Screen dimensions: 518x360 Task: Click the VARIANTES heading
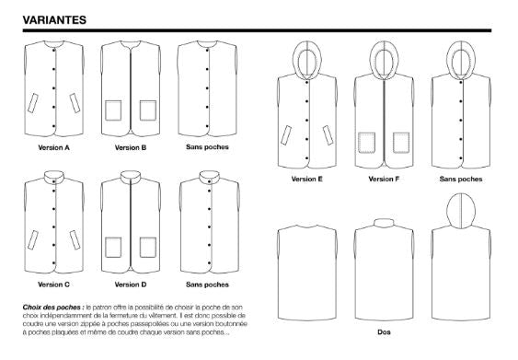[x=54, y=20]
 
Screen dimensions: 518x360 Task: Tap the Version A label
[x=54, y=147]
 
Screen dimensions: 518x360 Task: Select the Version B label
[x=131, y=147]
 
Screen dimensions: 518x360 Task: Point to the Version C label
[x=54, y=285]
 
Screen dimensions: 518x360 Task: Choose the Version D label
[x=131, y=285]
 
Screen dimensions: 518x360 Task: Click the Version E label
[x=307, y=179]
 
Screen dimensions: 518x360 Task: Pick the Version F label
[x=384, y=179]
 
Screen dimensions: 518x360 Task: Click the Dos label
[x=384, y=331]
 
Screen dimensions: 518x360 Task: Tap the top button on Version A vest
[x=54, y=51]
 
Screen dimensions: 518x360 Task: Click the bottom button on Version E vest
[x=307, y=158]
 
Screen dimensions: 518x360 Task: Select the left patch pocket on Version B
[x=113, y=110]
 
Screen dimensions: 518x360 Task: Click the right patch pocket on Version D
[x=148, y=248]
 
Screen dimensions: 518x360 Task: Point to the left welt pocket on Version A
[x=33, y=103]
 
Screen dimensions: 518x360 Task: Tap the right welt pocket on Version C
[x=75, y=240]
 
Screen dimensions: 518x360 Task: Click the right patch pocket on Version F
[x=401, y=143]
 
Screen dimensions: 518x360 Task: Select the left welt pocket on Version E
[x=286, y=135]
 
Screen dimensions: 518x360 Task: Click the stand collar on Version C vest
[x=54, y=177]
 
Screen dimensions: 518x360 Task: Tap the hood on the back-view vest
[x=461, y=212]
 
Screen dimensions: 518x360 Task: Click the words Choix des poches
[x=52, y=308]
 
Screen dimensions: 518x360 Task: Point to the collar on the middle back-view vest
[x=384, y=223]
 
